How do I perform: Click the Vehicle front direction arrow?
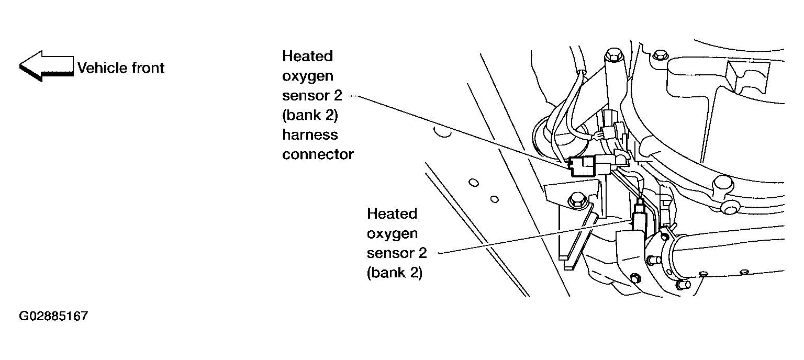tap(46, 66)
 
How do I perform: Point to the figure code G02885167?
tap(53, 316)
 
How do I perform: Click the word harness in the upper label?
tap(310, 135)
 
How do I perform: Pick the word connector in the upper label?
tap(318, 155)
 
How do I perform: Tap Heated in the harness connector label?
tap(308, 57)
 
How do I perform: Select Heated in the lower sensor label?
tap(392, 214)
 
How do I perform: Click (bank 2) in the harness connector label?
tap(310, 116)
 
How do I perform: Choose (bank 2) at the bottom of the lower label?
tap(395, 273)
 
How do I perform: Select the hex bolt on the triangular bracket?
tap(577, 200)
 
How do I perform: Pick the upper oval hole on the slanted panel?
tap(474, 183)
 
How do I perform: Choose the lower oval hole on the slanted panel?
tap(495, 199)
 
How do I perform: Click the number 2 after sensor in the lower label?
tap(422, 253)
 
